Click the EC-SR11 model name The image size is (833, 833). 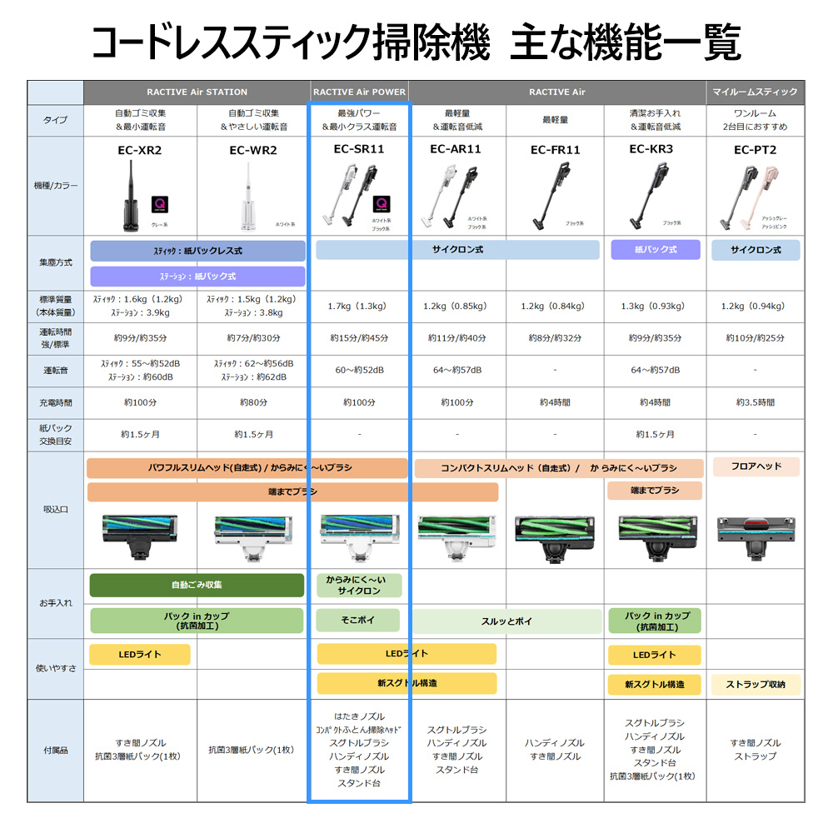click(x=358, y=150)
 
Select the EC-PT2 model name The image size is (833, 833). click(x=755, y=150)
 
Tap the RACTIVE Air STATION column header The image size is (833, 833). click(x=197, y=92)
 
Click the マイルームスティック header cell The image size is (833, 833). click(x=756, y=92)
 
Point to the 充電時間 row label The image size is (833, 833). click(x=56, y=402)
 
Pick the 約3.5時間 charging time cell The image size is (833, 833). click(x=755, y=402)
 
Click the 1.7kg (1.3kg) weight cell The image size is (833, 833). click(x=358, y=307)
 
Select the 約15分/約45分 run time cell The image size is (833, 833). click(x=358, y=338)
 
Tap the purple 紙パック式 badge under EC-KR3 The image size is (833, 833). click(x=656, y=249)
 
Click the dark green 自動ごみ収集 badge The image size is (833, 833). click(x=197, y=585)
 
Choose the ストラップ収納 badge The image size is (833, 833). click(x=755, y=685)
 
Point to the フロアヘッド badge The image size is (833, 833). click(x=755, y=466)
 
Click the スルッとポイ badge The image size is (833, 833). click(x=506, y=621)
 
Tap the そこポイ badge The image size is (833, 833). click(x=358, y=621)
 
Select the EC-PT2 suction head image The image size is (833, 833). click(x=755, y=534)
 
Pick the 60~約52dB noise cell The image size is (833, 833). click(x=358, y=370)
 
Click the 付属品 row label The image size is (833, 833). click(x=56, y=750)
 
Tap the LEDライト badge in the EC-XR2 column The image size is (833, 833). click(x=139, y=655)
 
